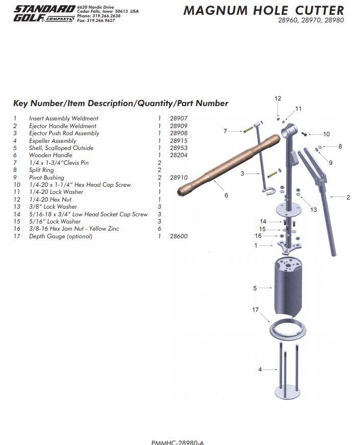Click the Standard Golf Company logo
(44, 14)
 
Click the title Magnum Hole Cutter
(264, 11)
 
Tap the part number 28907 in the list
(178, 118)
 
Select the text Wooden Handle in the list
(50, 155)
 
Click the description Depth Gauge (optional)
(61, 236)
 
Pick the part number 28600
(178, 236)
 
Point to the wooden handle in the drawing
(228, 165)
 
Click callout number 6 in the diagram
(226, 195)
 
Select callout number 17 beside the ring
(255, 310)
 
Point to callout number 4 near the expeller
(260, 369)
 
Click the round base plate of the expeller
(288, 392)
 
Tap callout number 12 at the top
(277, 98)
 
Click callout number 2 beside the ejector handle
(348, 197)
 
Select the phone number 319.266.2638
(106, 16)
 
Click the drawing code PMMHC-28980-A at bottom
(177, 442)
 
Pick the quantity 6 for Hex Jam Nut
(159, 229)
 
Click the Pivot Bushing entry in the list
(46, 178)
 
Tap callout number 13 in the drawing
(313, 210)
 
